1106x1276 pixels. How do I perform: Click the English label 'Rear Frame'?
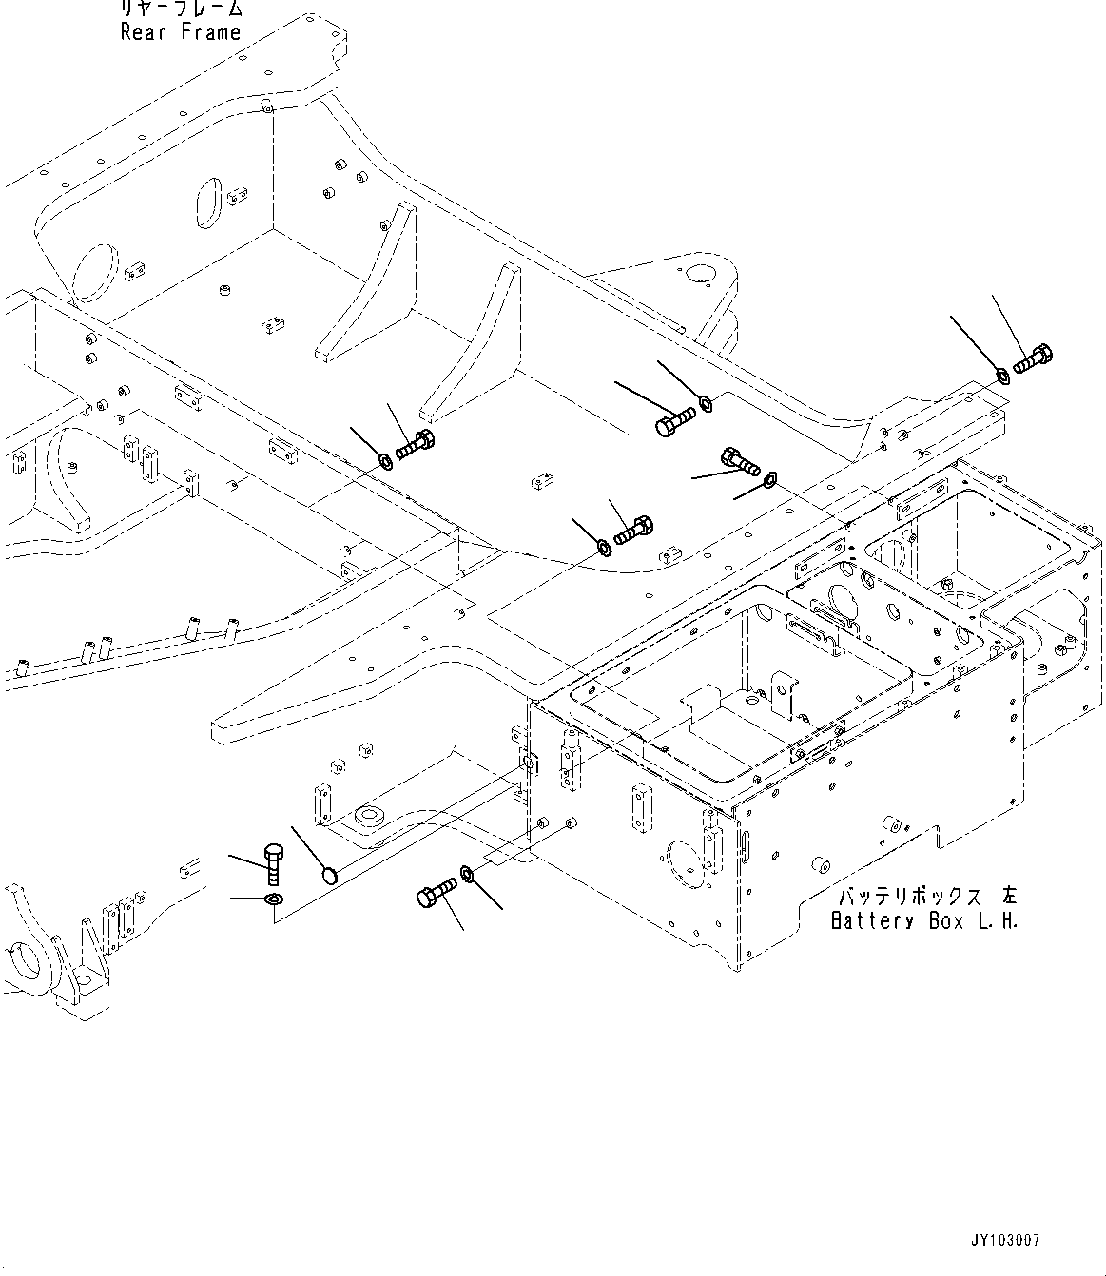coord(181,32)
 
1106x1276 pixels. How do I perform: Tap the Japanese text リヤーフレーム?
coord(181,10)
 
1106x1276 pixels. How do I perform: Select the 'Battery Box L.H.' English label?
coord(923,921)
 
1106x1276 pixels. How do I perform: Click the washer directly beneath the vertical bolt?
coord(272,899)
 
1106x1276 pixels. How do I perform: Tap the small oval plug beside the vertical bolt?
coord(329,873)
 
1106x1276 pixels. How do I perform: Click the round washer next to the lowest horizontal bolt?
coord(468,872)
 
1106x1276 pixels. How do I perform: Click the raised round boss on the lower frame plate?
coord(366,816)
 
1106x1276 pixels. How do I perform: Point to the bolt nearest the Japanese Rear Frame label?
coord(415,444)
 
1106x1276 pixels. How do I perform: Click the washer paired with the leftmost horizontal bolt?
coord(385,462)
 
